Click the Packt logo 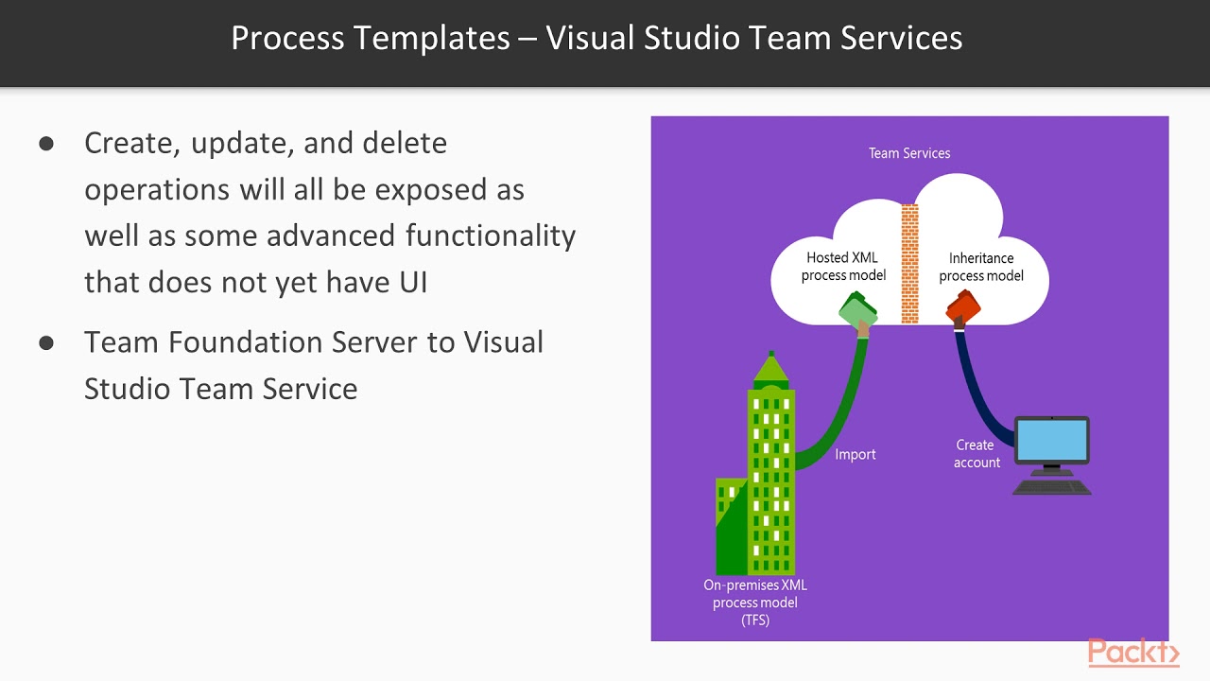coord(1132,653)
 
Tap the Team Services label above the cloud coord(909,153)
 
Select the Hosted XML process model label coord(843,266)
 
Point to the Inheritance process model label coord(981,267)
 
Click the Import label coord(855,455)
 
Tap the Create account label coord(976,454)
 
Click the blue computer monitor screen coord(1051,441)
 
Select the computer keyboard coord(1051,488)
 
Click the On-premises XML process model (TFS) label coord(755,602)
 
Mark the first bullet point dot coord(46,144)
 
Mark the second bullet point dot coord(46,342)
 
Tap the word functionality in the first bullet coord(491,235)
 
